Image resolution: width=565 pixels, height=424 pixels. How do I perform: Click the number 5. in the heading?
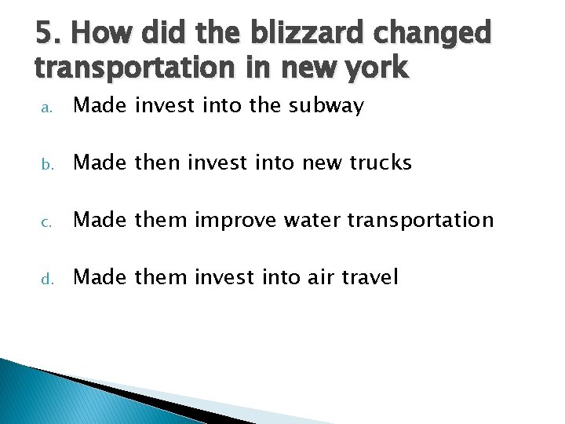pyautogui.click(x=48, y=34)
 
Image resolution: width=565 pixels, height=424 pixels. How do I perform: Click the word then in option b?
pyautogui.click(x=157, y=163)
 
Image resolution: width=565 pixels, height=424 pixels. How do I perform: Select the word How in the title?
pyautogui.click(x=98, y=34)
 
